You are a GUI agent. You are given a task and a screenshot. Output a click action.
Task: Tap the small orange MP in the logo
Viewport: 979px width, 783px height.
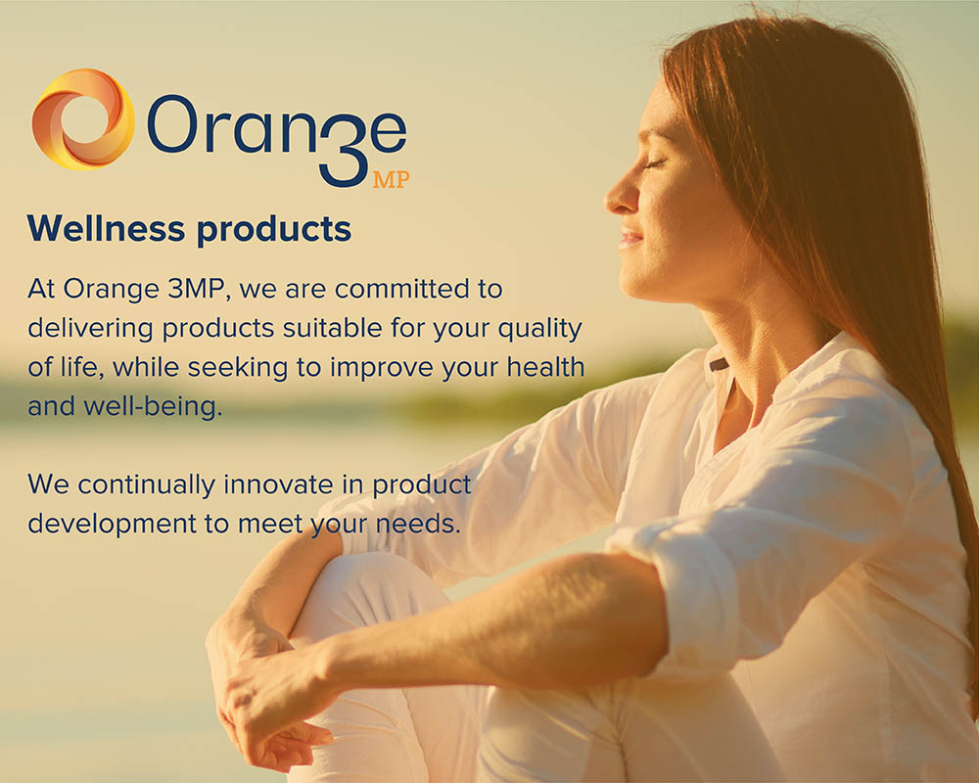point(392,180)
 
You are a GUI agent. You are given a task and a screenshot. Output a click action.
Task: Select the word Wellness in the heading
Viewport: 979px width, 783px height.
point(106,228)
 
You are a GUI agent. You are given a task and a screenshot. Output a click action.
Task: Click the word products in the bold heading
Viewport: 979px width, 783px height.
point(274,230)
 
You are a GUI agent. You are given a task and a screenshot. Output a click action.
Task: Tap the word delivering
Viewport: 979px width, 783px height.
point(90,329)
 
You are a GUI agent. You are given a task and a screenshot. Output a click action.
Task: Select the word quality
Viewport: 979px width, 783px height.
point(539,330)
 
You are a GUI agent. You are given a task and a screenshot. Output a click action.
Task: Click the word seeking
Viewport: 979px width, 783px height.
point(237,368)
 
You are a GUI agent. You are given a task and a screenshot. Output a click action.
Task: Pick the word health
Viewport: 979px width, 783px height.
point(545,367)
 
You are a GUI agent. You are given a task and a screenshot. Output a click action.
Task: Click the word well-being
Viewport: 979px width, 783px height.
point(153,407)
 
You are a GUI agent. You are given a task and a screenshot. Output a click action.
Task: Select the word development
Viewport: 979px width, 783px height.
point(112,525)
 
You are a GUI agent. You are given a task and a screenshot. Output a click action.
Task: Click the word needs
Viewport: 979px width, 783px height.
point(418,524)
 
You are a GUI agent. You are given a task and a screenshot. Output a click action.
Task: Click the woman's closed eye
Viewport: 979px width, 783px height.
point(653,163)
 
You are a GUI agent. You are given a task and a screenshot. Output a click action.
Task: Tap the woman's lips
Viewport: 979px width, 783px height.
point(629,238)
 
